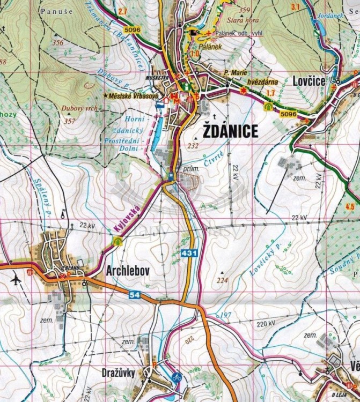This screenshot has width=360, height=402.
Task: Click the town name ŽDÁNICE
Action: [x=231, y=131]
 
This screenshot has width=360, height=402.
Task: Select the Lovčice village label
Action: [x=308, y=81]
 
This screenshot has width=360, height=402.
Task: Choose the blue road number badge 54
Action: [x=135, y=295]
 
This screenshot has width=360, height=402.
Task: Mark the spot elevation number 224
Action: [x=222, y=280]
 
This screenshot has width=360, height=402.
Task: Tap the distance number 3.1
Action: [x=295, y=7]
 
